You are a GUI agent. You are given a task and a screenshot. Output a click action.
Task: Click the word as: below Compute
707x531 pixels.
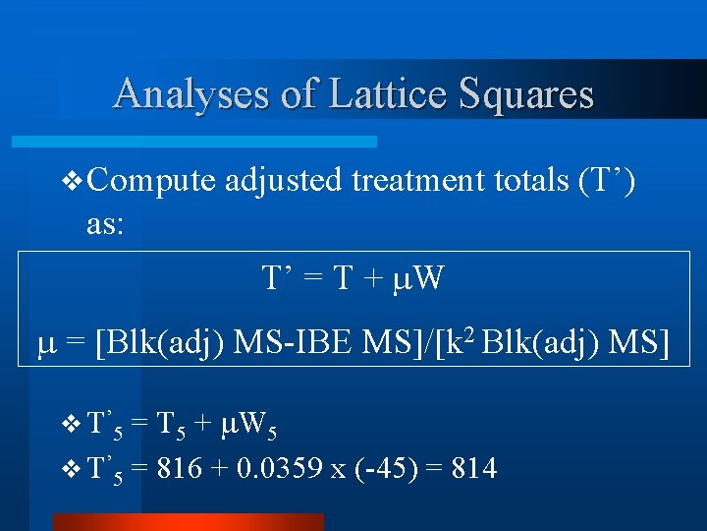(105, 225)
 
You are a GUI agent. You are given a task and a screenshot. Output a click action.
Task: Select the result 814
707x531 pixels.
(474, 470)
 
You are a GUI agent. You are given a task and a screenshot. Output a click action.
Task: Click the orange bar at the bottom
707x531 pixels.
(188, 522)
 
